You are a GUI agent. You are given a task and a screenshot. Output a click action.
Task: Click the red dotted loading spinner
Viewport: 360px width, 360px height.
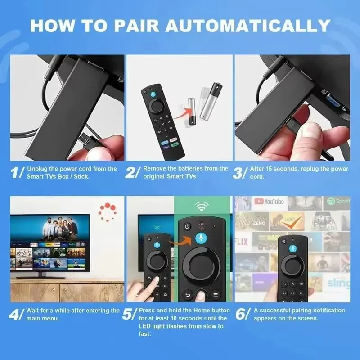point(108,211)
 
